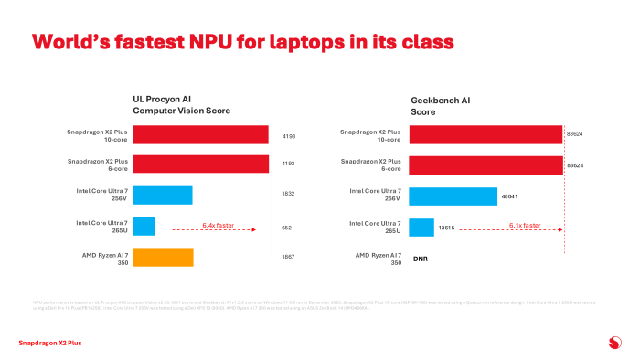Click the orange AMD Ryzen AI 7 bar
click(x=164, y=257)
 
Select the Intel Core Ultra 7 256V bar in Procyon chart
click(x=163, y=196)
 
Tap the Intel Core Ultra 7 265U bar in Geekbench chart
click(x=421, y=227)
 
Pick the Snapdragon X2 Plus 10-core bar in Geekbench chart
click(x=485, y=134)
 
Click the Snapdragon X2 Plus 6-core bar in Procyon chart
click(x=201, y=164)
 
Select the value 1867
click(x=288, y=258)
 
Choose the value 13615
click(x=448, y=227)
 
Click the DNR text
click(x=421, y=259)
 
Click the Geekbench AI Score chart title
click(x=440, y=105)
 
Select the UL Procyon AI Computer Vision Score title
click(x=181, y=105)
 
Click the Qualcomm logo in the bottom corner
click(x=613, y=343)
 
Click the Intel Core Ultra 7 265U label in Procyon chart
click(x=102, y=227)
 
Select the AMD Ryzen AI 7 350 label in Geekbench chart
click(x=378, y=258)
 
